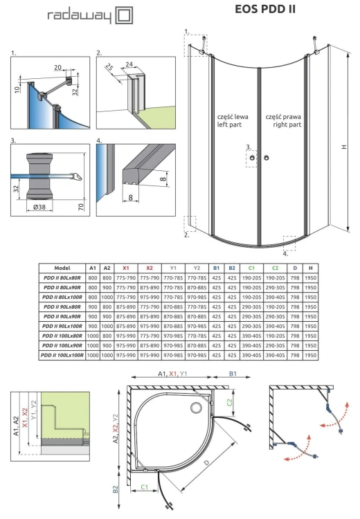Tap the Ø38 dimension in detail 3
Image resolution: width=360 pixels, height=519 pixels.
[39, 206]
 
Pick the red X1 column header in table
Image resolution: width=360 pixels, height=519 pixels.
[126, 267]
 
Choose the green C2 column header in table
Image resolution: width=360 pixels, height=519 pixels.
[276, 267]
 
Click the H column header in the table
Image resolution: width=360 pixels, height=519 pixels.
[312, 267]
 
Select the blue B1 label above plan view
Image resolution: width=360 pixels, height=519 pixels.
[234, 374]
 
